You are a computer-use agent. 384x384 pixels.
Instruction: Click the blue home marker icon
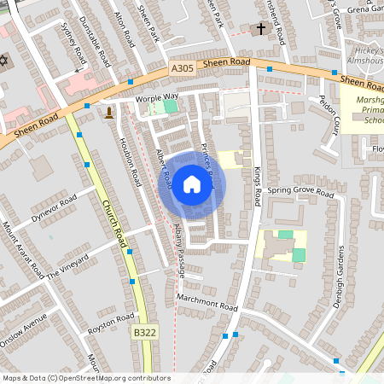[192, 184]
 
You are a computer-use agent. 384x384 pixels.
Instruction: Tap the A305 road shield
[182, 67]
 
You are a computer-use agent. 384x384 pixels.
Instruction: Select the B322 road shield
[144, 329]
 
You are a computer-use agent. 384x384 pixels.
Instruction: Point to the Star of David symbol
[4, 62]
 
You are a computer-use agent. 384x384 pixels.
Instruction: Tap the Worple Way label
[156, 98]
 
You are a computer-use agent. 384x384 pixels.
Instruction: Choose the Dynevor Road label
[55, 209]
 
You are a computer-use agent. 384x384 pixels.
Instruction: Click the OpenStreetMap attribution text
[85, 378]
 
